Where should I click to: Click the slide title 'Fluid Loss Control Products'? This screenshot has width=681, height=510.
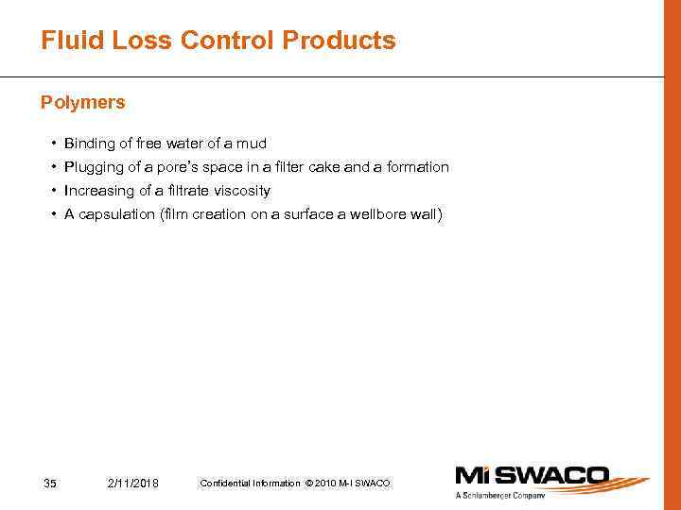coord(218,42)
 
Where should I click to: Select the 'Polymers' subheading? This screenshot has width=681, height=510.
coord(83,102)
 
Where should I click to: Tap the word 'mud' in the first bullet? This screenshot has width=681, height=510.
coord(252,144)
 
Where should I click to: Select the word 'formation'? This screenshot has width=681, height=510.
coord(419,167)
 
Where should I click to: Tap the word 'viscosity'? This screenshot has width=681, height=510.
coord(242,191)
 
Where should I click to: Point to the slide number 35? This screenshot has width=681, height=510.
coord(51,484)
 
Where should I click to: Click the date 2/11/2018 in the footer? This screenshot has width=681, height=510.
coord(133,484)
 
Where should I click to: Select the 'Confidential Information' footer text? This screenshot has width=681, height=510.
coord(250,484)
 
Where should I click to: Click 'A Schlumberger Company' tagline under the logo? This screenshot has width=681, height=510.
coord(500,496)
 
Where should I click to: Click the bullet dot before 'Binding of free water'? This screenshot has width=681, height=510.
coord(54,144)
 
